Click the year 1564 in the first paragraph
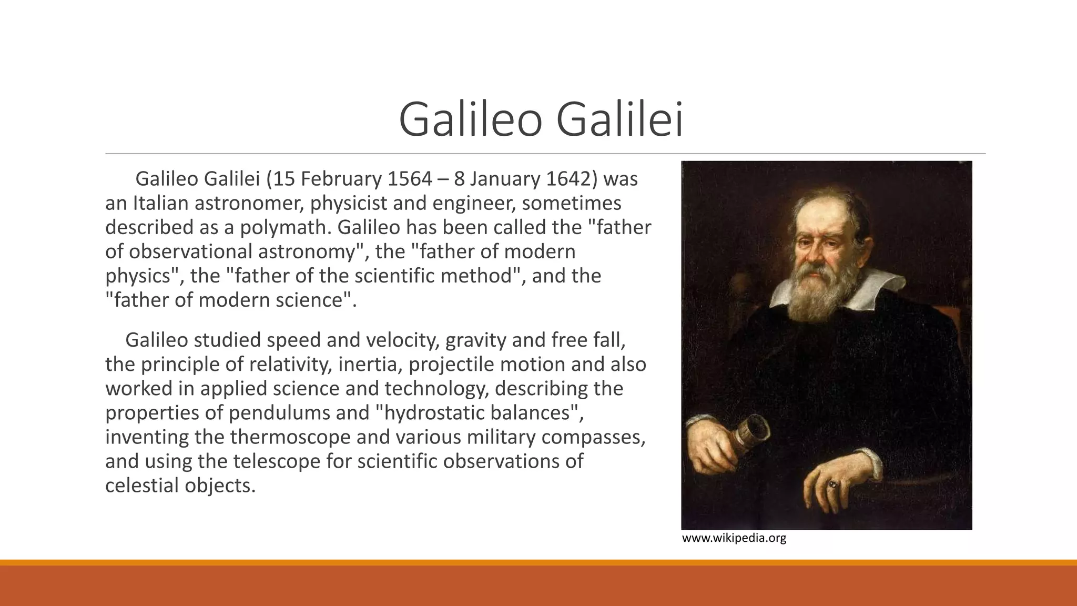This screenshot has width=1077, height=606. tap(409, 179)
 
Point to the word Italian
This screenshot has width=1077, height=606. tap(160, 204)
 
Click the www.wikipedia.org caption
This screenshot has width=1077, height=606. tap(734, 538)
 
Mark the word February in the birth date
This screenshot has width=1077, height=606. tap(340, 179)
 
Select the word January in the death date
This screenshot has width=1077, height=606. tap(504, 179)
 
